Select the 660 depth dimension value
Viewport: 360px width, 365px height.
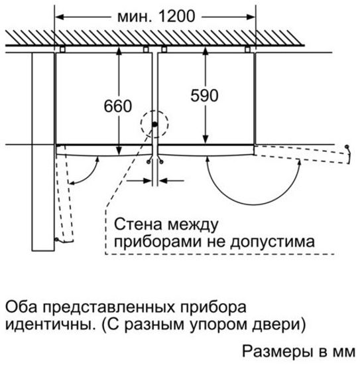pyautogui.click(x=119, y=106)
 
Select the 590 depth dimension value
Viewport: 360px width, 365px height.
pyautogui.click(x=204, y=96)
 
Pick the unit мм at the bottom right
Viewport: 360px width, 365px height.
pyautogui.click(x=345, y=350)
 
